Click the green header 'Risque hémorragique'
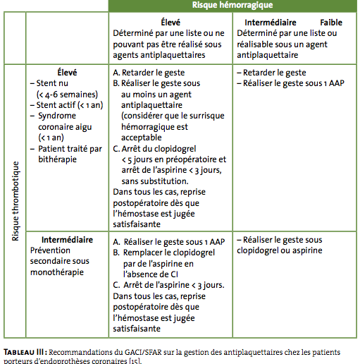click(232, 5)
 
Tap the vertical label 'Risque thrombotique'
click(15, 201)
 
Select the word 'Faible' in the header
click(331, 23)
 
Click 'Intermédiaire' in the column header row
click(271, 23)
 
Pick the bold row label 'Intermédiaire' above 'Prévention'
click(67, 240)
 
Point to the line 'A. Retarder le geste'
click(149, 73)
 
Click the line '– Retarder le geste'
click(271, 73)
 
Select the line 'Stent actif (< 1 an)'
click(70, 105)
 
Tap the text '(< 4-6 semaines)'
click(67, 95)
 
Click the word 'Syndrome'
click(57, 116)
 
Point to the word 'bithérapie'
click(57, 159)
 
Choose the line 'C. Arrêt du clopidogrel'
click(154, 149)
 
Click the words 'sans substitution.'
click(155, 181)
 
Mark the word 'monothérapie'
click(57, 272)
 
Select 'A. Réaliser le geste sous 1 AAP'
click(169, 242)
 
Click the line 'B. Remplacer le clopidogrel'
click(163, 253)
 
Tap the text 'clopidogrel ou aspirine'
click(280, 250)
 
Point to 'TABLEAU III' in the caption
click(23, 352)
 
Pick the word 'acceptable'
click(142, 138)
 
